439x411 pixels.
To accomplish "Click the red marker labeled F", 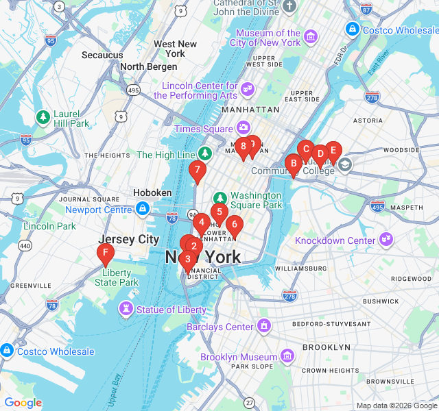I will pyautogui.click(x=105, y=255).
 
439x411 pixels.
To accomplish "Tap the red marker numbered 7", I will pyautogui.click(x=198, y=169).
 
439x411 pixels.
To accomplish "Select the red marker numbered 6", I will pyautogui.click(x=234, y=223).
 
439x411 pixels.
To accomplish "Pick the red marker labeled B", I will pyautogui.click(x=294, y=163).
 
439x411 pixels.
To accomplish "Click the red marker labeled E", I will pyautogui.click(x=333, y=149).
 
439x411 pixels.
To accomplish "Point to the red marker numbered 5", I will pyautogui.click(x=219, y=211).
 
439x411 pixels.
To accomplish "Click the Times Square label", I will pyautogui.click(x=204, y=129).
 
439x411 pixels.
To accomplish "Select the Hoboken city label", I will pyautogui.click(x=152, y=193).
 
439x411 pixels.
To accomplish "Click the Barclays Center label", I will pyautogui.click(x=220, y=327).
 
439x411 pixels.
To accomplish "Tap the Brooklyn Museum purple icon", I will pyautogui.click(x=287, y=356).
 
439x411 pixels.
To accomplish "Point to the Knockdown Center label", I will pyautogui.click(x=335, y=240).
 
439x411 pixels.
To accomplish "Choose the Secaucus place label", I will pyautogui.click(x=102, y=55).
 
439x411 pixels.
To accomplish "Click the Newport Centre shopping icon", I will pyautogui.click(x=142, y=208).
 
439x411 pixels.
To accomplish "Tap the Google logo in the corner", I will pyautogui.click(x=23, y=403).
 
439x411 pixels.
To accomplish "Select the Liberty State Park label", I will pyautogui.click(x=117, y=277).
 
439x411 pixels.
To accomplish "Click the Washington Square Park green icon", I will pyautogui.click(x=220, y=198).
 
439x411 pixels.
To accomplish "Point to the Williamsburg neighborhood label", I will pyautogui.click(x=298, y=269).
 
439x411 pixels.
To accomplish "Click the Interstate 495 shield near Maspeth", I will pyautogui.click(x=377, y=206).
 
